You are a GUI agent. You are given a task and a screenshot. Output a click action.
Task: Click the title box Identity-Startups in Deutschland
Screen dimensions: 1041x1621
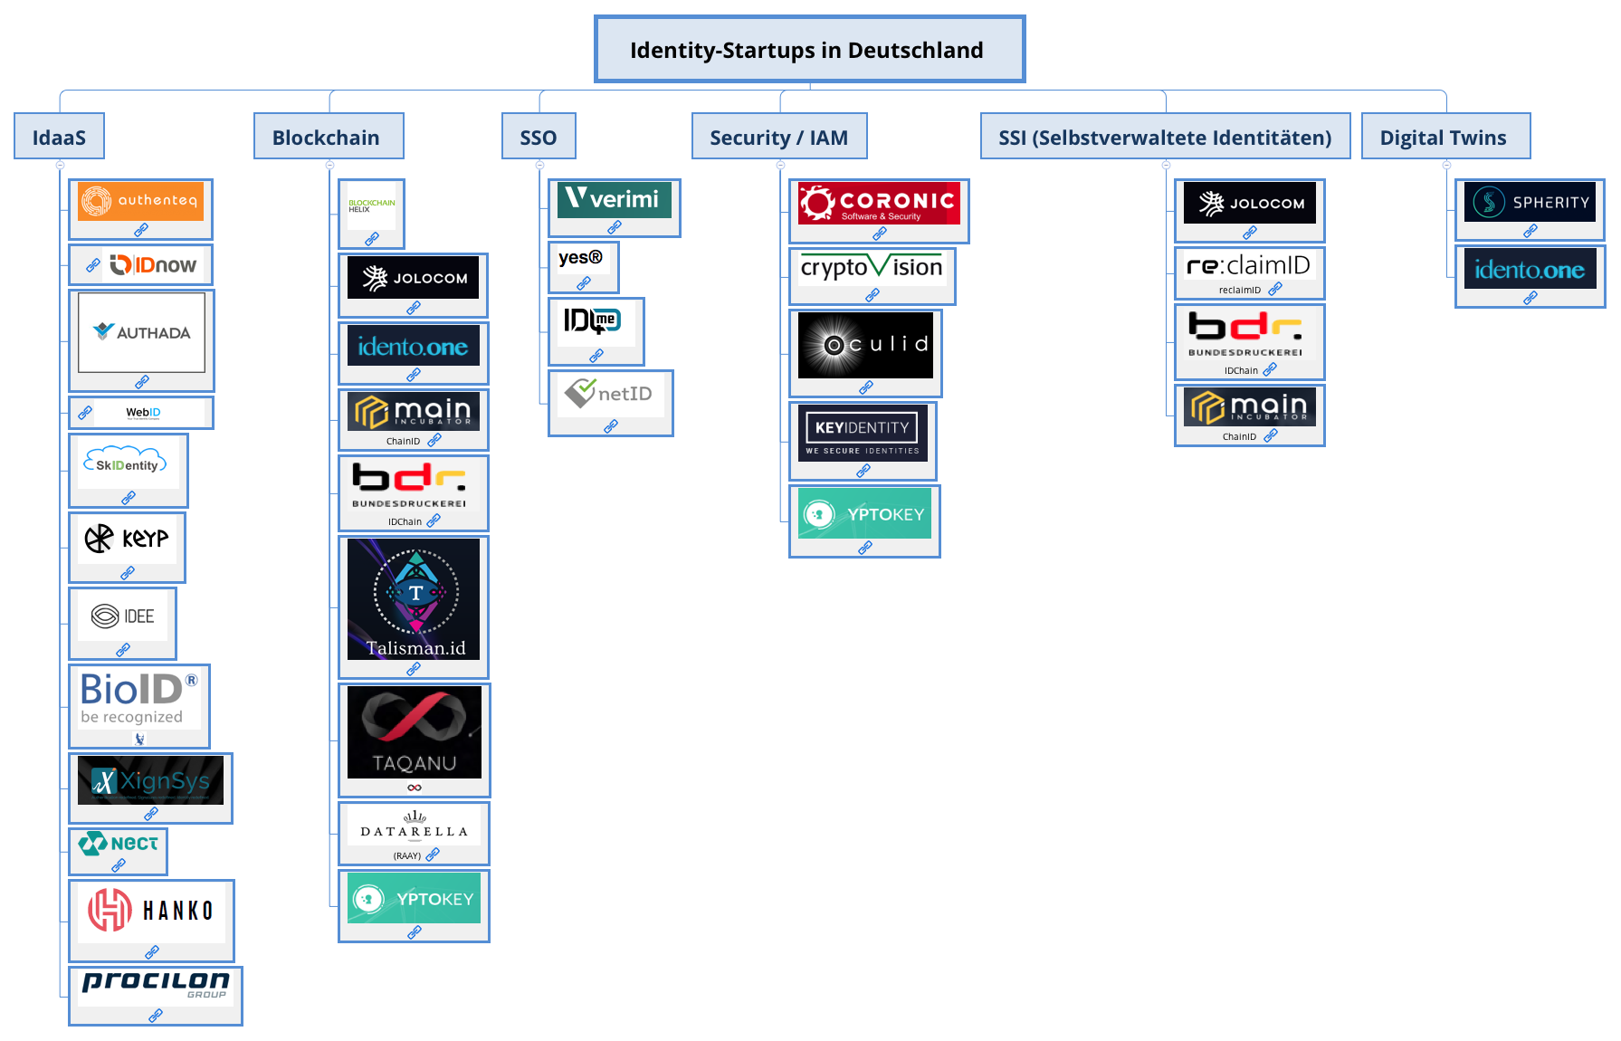pyautogui.click(x=809, y=50)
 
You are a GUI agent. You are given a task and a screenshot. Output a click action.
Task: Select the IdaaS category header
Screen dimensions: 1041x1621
pyautogui.click(x=59, y=138)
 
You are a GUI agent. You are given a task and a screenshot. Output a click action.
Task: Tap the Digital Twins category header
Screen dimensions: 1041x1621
pyautogui.click(x=1445, y=138)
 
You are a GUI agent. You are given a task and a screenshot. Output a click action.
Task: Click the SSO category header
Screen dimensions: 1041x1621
pyautogui.click(x=539, y=138)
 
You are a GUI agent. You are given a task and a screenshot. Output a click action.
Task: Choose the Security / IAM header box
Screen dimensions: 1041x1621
pyautogui.click(x=779, y=138)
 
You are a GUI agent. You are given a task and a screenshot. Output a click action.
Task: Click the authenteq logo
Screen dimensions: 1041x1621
pyautogui.click(x=140, y=201)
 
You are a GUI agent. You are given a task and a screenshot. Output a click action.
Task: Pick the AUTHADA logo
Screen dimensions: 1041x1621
pyautogui.click(x=141, y=332)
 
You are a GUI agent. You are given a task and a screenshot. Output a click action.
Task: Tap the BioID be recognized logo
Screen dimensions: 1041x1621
pyautogui.click(x=138, y=697)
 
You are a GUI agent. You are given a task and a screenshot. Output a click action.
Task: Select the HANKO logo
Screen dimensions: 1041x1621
pyautogui.click(x=151, y=910)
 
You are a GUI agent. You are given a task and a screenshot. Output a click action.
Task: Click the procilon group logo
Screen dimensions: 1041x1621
pyautogui.click(x=156, y=985)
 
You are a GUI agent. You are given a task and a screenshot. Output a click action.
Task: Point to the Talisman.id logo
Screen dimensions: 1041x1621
pyautogui.click(x=414, y=598)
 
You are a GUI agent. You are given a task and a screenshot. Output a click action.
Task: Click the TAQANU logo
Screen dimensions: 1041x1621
pyautogui.click(x=415, y=732)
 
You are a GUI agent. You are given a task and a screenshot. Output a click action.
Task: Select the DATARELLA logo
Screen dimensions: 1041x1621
pyautogui.click(x=414, y=826)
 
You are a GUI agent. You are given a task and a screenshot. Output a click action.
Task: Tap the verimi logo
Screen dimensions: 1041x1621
pyautogui.click(x=614, y=199)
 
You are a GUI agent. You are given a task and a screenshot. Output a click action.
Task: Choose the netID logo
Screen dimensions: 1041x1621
pyautogui.click(x=609, y=394)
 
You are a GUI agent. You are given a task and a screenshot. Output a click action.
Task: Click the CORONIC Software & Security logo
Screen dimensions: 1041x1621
pyautogui.click(x=878, y=204)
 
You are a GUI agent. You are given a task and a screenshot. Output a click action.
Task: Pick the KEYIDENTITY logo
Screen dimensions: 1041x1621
pyautogui.click(x=863, y=433)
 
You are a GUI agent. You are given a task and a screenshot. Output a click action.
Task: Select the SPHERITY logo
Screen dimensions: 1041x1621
pyautogui.click(x=1530, y=202)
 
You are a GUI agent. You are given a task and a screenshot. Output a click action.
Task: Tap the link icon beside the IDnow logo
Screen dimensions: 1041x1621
pyautogui.click(x=92, y=265)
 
